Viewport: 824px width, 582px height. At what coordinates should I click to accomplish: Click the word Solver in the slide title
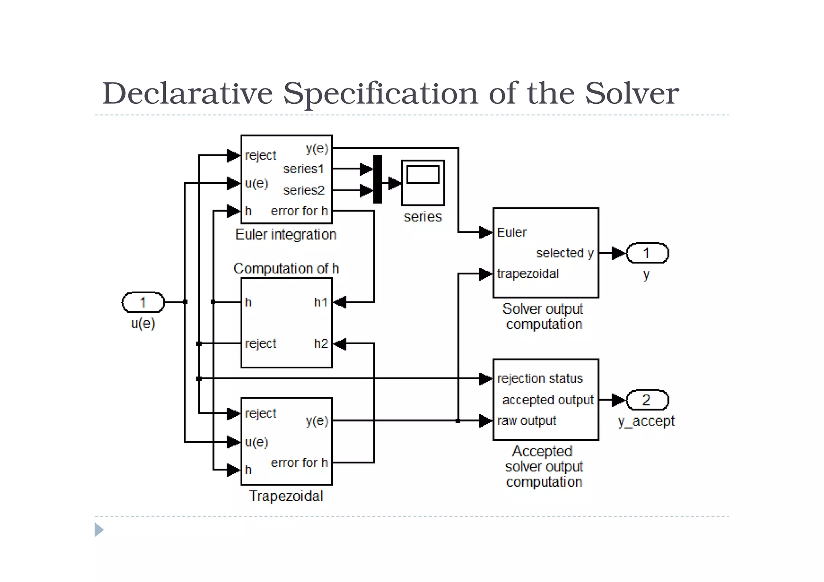click(631, 93)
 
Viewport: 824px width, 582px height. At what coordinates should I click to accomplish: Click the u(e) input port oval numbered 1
click(143, 302)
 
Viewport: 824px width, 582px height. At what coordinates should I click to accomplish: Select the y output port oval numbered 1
click(647, 253)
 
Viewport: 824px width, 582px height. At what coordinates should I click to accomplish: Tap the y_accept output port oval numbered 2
click(647, 400)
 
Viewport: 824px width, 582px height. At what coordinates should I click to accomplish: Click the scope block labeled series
click(422, 183)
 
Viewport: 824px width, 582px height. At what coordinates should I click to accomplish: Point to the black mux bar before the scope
click(377, 179)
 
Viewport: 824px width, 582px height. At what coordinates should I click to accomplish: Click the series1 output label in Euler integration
click(303, 169)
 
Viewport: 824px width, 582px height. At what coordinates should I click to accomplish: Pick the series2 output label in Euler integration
click(303, 190)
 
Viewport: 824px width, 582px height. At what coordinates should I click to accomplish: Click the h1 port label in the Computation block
click(321, 302)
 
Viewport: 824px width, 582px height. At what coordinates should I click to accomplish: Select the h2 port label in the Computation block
click(321, 343)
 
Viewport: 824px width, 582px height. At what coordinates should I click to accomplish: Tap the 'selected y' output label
click(564, 253)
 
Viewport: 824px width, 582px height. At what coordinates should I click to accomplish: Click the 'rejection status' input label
click(540, 378)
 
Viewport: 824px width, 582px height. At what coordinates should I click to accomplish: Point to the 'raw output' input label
click(526, 421)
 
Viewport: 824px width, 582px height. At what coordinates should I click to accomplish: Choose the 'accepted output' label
click(548, 400)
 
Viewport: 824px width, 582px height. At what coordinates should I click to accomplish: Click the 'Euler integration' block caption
click(286, 234)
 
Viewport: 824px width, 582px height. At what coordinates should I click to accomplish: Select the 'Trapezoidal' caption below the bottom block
click(286, 496)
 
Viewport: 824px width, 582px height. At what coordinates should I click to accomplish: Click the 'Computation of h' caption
click(286, 268)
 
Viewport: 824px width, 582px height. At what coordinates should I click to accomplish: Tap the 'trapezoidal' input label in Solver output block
click(527, 274)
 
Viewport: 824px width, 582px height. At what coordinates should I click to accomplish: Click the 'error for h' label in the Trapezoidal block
click(299, 463)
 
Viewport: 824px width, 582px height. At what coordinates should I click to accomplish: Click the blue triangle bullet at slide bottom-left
click(99, 530)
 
